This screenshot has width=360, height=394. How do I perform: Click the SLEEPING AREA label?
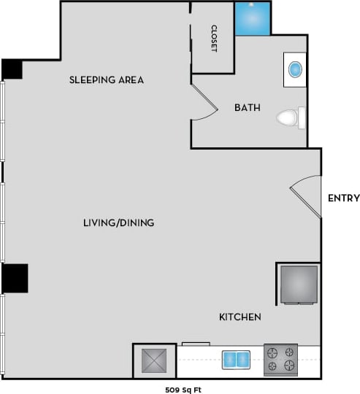(x=107, y=80)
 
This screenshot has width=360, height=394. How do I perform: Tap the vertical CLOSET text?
(x=214, y=39)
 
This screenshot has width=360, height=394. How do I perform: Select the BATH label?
(x=247, y=108)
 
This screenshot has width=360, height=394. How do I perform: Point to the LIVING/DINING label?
(x=118, y=223)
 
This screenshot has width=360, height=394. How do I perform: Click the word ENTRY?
(x=342, y=198)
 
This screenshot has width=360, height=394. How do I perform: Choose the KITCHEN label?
(x=240, y=317)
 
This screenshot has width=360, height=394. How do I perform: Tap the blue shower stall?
(x=252, y=18)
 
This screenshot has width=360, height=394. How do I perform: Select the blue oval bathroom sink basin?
(x=295, y=70)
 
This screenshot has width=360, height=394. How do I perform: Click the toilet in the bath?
(x=288, y=117)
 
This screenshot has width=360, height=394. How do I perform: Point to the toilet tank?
(x=302, y=117)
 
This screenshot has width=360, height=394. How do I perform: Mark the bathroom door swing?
(x=205, y=102)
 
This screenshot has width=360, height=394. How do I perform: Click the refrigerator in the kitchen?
(x=299, y=284)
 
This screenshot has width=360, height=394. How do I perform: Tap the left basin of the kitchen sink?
(x=229, y=360)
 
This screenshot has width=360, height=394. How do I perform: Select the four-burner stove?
(x=280, y=359)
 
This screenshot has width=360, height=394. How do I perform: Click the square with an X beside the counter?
(x=154, y=361)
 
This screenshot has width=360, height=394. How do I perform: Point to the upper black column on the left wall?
(x=12, y=69)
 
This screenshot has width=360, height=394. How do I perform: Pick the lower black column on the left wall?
(x=15, y=278)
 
